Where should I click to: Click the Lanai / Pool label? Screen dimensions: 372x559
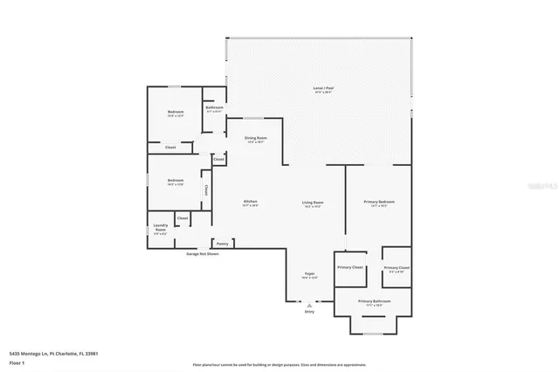point(323,88)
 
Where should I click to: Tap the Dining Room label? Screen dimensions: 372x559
point(255,138)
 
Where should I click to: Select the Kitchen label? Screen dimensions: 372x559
point(250,202)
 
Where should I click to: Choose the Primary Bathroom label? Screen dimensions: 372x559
point(374,301)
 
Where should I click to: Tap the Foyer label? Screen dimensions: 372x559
point(309,273)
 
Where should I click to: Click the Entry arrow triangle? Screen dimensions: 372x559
point(309,305)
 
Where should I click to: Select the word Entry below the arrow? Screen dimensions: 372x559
point(309,312)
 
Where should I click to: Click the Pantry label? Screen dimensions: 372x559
point(222,244)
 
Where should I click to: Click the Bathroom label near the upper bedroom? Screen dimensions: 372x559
point(215,107)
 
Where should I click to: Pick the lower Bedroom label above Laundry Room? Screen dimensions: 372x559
point(175,181)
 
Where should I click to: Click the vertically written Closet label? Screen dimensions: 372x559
point(206,189)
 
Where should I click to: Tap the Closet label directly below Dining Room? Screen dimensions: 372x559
point(218,159)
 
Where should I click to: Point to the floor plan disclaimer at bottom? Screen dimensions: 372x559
point(279,364)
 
